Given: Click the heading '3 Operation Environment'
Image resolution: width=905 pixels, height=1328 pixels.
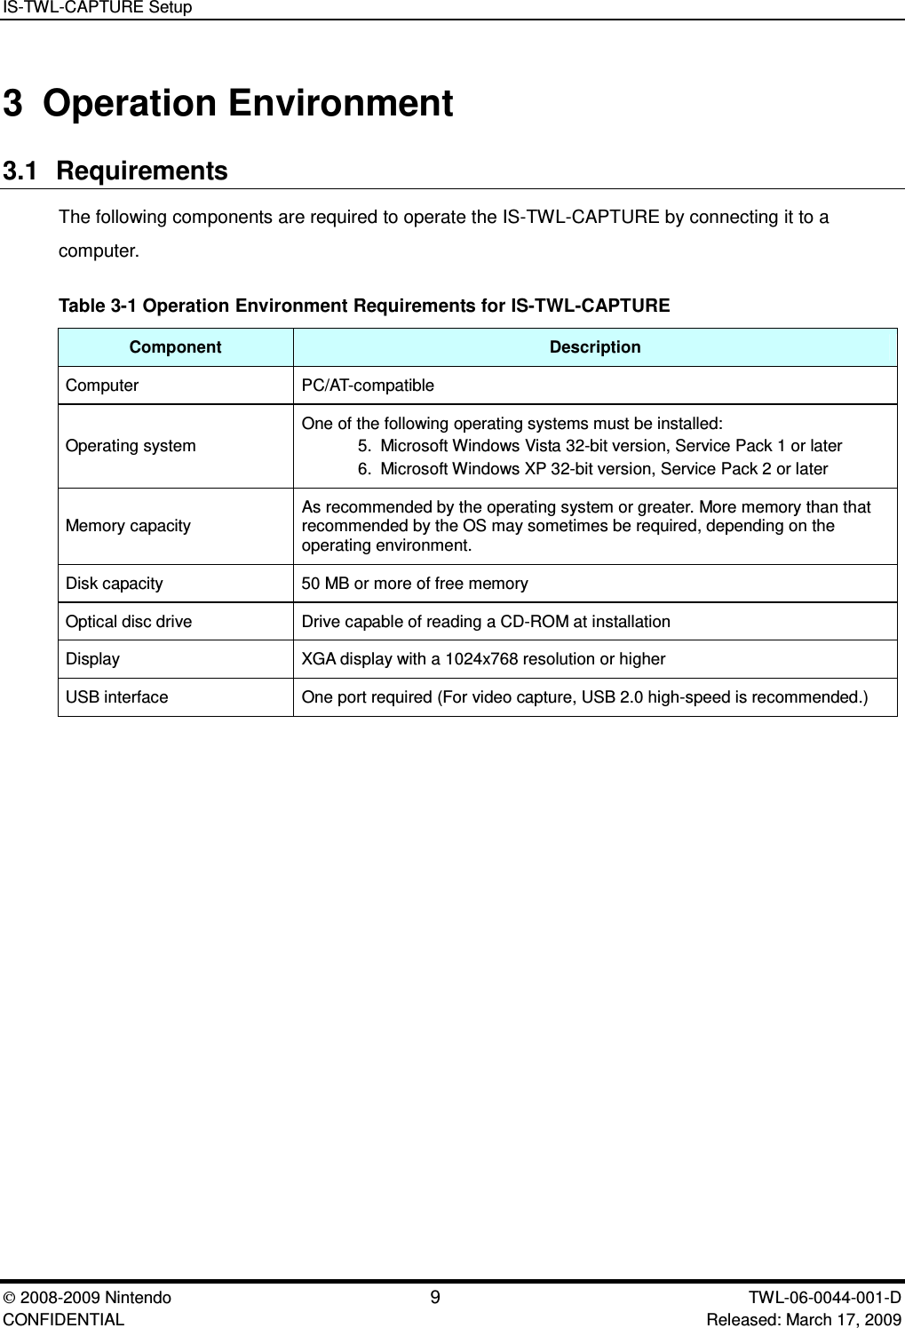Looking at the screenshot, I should pos(228,104).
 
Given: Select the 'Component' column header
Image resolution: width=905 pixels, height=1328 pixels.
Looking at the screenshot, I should pos(175,347).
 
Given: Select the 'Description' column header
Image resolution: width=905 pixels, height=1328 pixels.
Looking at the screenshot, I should pos(594,347).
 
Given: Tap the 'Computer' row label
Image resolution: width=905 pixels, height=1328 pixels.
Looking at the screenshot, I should pos(102,386).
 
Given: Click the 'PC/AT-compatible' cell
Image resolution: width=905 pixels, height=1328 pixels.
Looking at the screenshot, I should pos(368,386).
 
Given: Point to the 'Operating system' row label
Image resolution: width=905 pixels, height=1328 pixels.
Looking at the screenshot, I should pos(131,446).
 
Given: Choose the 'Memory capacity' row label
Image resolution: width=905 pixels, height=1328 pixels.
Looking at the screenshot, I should pos(128,526).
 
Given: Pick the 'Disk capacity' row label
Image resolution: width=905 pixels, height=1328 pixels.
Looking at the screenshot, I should pos(114,584).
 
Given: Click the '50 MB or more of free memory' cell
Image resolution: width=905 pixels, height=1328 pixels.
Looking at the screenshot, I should pos(415,584).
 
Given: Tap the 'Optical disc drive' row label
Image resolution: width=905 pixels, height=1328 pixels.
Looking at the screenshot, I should pos(129,622).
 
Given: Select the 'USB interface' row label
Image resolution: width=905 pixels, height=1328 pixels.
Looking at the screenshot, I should pos(116,697).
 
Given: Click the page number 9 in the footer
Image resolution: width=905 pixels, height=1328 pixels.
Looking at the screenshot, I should pos(434,1298).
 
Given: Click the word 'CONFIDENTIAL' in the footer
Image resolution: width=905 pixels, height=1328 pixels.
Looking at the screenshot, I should pos(64,1319).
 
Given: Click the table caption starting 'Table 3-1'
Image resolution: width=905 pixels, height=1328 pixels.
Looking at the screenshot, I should pos(364,306).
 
